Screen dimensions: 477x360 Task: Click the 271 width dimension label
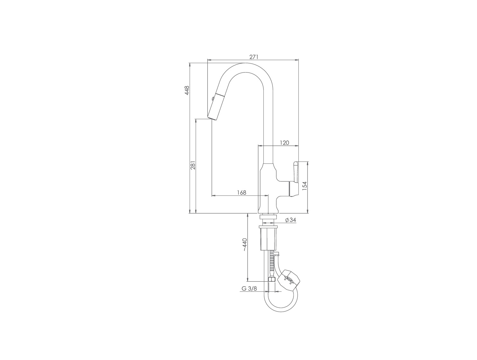pyautogui.click(x=253, y=57)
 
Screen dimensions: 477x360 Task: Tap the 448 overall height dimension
pyautogui.click(x=187, y=90)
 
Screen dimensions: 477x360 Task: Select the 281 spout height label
pyautogui.click(x=193, y=165)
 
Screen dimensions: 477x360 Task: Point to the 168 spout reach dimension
pyautogui.click(x=242, y=192)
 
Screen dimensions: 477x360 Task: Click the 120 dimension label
pyautogui.click(x=285, y=143)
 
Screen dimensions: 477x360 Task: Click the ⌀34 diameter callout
pyautogui.click(x=291, y=220)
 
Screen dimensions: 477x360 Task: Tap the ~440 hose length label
pyautogui.click(x=245, y=245)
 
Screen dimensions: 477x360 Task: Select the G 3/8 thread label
pyautogui.click(x=249, y=288)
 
